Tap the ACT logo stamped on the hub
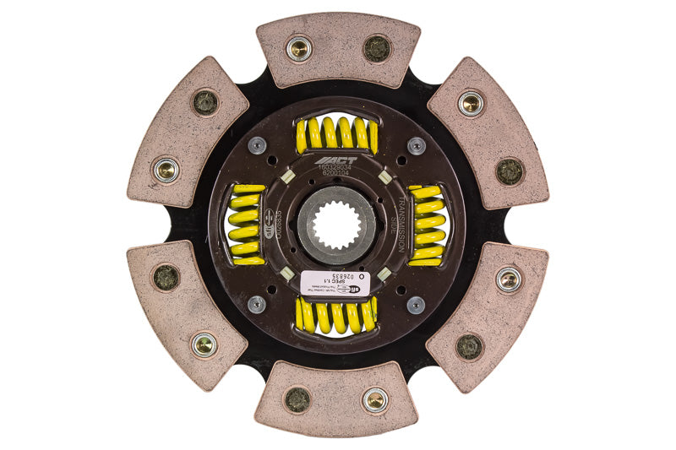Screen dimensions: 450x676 pyautogui.click(x=336, y=160)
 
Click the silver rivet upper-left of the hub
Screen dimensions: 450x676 pyautogui.click(x=257, y=146)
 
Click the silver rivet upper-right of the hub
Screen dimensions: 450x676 pyautogui.click(x=417, y=146)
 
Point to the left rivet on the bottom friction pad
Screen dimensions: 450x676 pyautogui.click(x=297, y=400)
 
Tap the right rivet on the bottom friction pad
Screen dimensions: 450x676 pyautogui.click(x=375, y=400)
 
